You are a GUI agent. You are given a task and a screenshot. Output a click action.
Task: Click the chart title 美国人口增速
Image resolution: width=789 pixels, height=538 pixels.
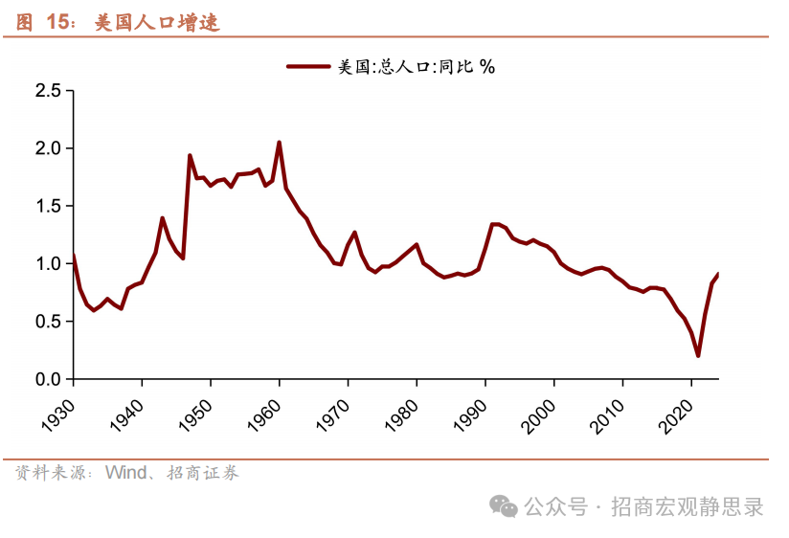[x=157, y=22]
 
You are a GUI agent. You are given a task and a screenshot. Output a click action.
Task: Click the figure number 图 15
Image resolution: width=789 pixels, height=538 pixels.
[x=46, y=22]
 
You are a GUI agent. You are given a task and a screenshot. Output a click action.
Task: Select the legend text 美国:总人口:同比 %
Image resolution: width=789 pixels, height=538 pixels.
[x=416, y=66]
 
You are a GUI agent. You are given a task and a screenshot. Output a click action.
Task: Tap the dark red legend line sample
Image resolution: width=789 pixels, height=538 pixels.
[x=308, y=66]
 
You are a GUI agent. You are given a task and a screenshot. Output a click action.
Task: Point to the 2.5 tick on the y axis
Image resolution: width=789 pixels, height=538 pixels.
[x=48, y=91]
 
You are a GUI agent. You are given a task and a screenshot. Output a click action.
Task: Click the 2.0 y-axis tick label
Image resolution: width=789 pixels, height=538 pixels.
[x=48, y=148]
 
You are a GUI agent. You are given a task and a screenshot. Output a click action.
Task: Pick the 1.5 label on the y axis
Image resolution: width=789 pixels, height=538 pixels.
[x=48, y=206]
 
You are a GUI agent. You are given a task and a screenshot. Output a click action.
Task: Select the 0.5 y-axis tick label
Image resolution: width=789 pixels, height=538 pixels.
[x=48, y=322]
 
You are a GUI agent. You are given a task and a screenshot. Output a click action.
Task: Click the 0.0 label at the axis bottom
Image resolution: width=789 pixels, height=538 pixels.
[x=48, y=379]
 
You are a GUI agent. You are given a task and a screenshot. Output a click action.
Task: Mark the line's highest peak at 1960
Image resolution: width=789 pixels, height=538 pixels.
[x=279, y=143]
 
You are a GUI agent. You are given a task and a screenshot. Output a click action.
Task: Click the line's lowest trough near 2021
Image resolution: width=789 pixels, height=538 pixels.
[x=698, y=356]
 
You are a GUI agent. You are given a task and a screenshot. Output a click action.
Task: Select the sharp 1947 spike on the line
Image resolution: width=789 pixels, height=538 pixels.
[x=190, y=155]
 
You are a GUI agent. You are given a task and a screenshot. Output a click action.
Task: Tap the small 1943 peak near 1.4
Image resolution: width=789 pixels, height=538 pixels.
[x=163, y=218]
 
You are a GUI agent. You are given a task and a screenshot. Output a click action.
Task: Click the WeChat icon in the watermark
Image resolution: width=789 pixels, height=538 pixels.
[x=504, y=506]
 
